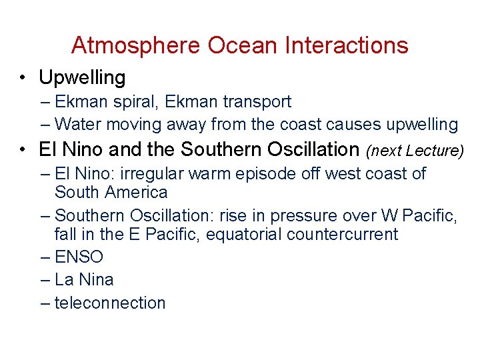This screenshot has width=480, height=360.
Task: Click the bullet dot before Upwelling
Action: (x=23, y=79)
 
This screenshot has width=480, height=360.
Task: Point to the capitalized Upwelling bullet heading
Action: (x=82, y=78)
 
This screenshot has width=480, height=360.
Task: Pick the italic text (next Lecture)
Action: (x=413, y=151)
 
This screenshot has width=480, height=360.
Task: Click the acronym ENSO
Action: (x=79, y=257)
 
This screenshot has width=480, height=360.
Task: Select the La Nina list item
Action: (x=84, y=279)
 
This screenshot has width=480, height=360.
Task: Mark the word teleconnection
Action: (x=109, y=303)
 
